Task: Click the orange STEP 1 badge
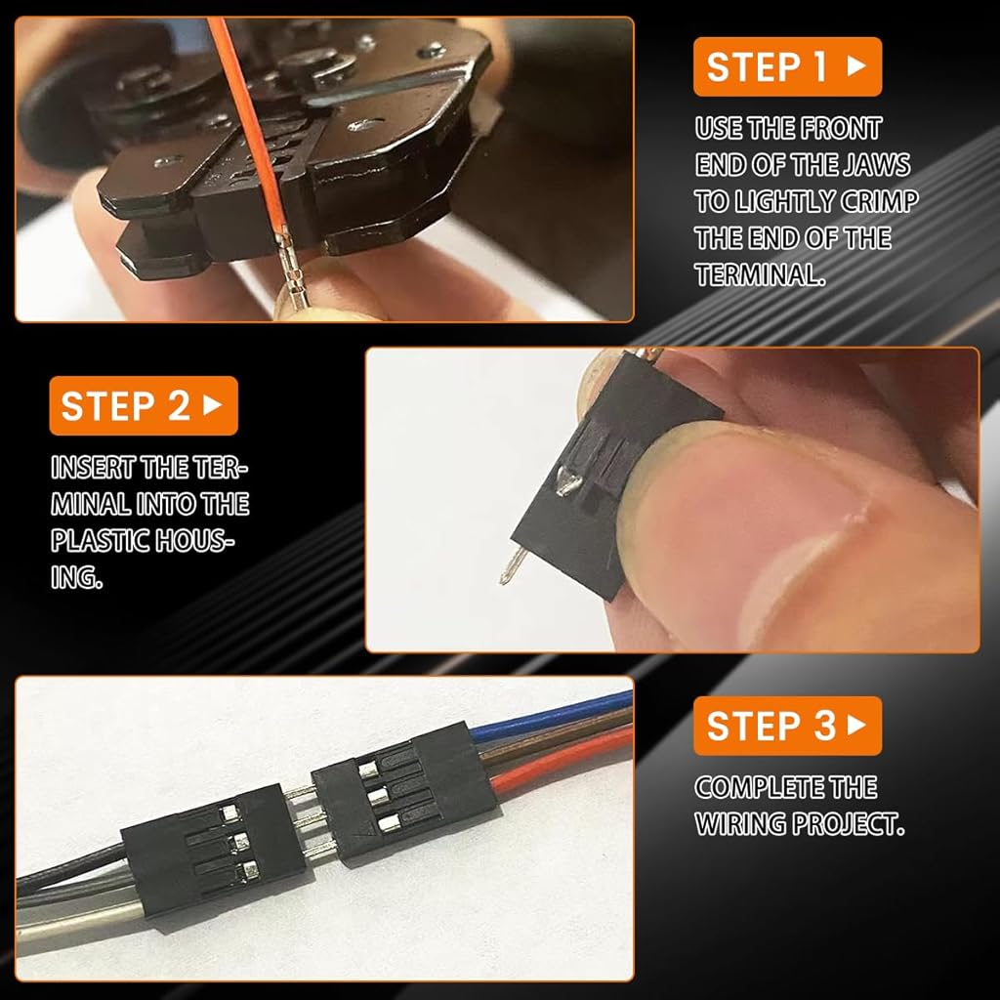788,67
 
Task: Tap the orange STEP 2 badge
144,405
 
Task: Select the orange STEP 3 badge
788,726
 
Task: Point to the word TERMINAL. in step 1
760,274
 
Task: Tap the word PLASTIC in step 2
101,541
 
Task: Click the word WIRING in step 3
740,824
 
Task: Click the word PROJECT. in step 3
848,824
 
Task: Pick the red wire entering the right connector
562,760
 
